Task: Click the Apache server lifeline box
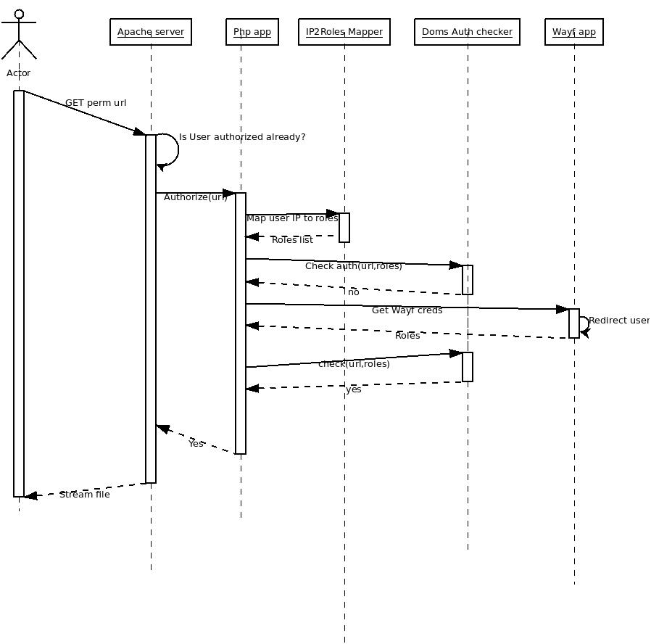[x=151, y=32]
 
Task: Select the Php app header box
[x=252, y=32]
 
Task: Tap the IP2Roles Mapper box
[x=344, y=32]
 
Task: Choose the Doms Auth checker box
[x=467, y=32]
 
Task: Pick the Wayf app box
[x=574, y=32]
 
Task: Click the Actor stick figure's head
[x=19, y=14]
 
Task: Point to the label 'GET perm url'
[x=96, y=103]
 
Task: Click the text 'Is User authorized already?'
[x=242, y=137]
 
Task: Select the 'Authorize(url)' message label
[x=195, y=197]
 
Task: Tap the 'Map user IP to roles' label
[x=292, y=218]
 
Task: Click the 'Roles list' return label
[x=292, y=240]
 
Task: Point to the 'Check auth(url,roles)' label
[x=353, y=266]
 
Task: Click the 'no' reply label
[x=353, y=292]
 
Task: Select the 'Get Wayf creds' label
[x=407, y=310]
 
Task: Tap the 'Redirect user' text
[x=619, y=321]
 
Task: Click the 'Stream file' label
[x=85, y=495]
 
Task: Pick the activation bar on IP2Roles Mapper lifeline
[x=344, y=228]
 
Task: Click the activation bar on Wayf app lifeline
[x=574, y=323]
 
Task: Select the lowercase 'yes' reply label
[x=353, y=389]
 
